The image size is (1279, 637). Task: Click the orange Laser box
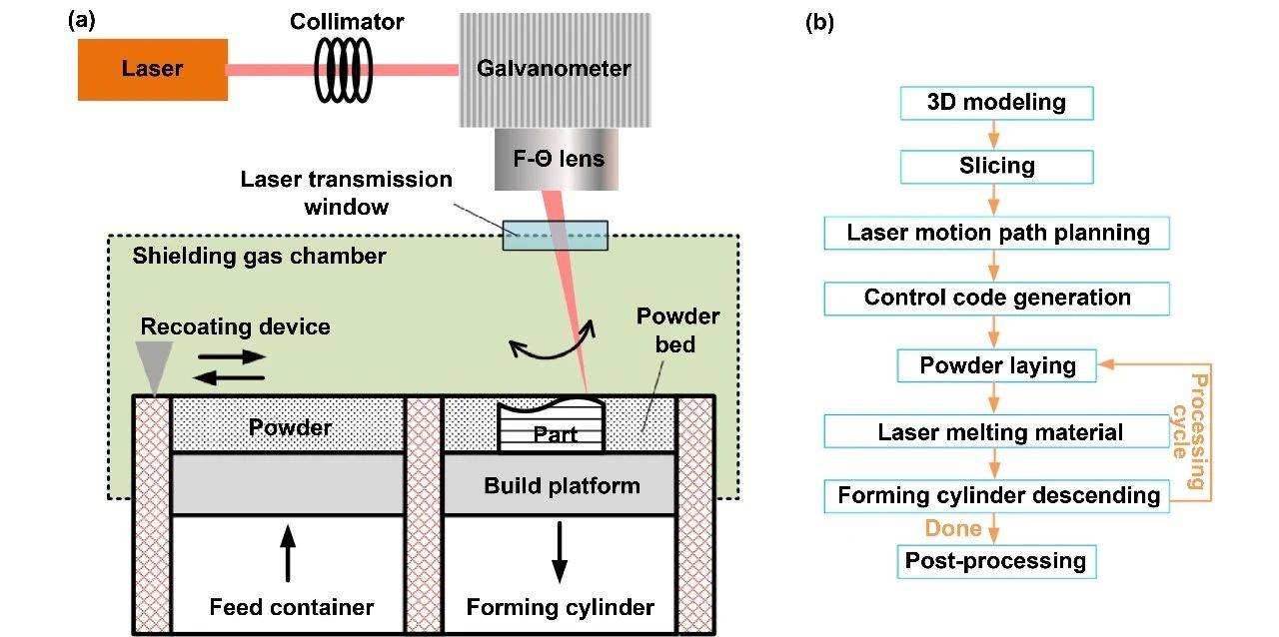(153, 69)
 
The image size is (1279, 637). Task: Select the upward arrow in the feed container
(288, 553)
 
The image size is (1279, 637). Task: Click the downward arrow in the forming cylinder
(560, 553)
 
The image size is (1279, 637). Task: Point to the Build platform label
(561, 486)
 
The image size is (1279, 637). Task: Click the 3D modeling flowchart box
(996, 103)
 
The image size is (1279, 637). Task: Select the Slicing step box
(996, 167)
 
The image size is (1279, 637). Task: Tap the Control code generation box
(996, 298)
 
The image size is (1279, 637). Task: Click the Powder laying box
(996, 365)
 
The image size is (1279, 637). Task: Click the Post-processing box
(996, 561)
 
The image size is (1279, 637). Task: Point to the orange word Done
(952, 528)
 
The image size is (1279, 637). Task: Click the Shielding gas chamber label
(259, 257)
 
